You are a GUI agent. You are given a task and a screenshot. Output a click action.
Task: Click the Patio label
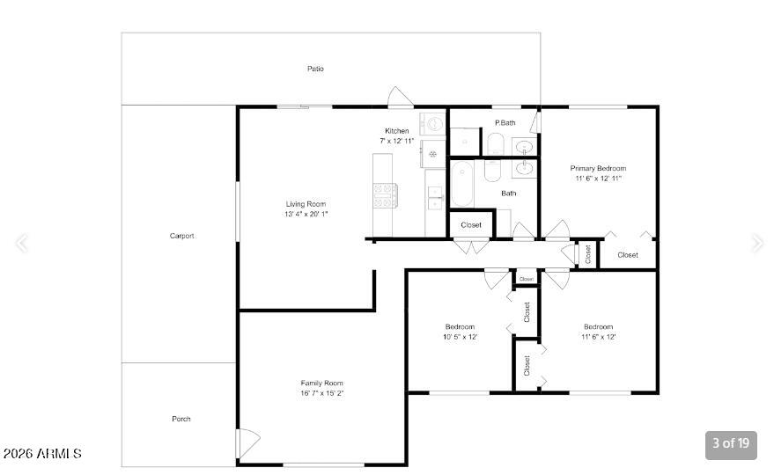[315, 69]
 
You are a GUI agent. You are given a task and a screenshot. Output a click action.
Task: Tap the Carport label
[181, 236]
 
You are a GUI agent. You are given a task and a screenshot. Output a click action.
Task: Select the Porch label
[181, 419]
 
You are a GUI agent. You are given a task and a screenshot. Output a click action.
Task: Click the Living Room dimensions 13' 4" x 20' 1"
[306, 214]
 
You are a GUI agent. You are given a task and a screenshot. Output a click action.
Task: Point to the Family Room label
[322, 383]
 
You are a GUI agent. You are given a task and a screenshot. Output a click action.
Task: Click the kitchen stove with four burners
[385, 195]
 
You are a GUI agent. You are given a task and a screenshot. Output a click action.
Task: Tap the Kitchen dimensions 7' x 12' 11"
[397, 141]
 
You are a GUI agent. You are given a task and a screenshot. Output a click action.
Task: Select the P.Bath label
[505, 123]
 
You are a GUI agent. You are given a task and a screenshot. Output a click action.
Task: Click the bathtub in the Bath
[462, 184]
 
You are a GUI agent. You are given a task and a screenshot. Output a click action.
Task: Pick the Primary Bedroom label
[598, 168]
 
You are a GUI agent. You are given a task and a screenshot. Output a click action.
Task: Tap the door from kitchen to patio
[401, 97]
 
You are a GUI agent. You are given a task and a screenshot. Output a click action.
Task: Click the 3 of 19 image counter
[731, 443]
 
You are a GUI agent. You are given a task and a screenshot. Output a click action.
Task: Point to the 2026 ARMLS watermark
[42, 454]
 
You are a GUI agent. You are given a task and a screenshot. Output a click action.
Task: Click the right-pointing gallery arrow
[757, 243]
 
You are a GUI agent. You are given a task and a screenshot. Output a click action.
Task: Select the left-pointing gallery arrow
[21, 243]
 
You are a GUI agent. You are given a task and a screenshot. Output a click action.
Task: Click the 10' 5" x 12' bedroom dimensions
[460, 337]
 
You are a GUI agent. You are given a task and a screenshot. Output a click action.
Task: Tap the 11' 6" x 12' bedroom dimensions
[598, 337]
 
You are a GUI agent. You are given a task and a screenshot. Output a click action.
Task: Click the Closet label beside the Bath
[471, 225]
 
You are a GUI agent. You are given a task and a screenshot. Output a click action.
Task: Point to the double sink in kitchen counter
[435, 198]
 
